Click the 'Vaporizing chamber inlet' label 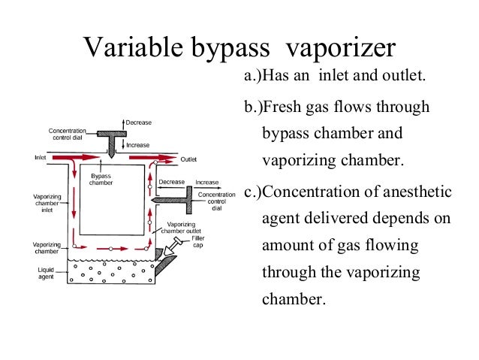47,205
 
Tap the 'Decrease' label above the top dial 140,122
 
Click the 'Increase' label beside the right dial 206,183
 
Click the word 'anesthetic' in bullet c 416,191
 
